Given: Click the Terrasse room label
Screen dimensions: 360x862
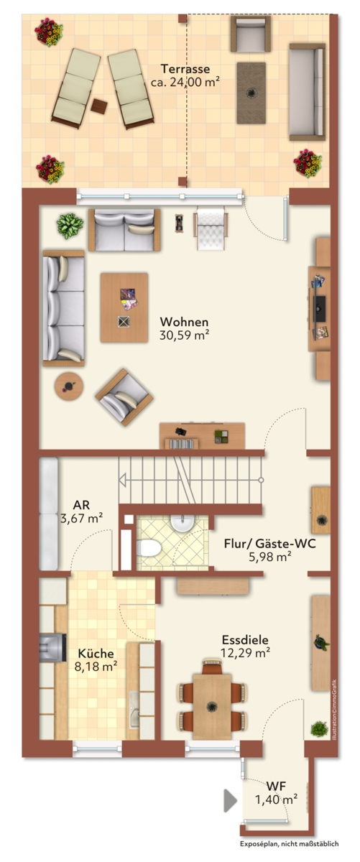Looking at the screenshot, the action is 185,69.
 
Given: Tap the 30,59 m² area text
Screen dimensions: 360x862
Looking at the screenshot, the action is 184,335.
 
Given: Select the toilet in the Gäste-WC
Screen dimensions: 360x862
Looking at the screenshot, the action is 148,547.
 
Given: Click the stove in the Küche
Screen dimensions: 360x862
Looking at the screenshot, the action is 52,648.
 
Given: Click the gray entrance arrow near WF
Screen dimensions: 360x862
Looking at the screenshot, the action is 230,800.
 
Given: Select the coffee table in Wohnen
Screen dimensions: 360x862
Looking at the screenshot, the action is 124,307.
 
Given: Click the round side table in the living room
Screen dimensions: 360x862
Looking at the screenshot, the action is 69,386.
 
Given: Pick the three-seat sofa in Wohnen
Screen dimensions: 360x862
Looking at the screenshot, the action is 63,308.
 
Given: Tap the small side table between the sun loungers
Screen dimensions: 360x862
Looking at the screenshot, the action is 99,106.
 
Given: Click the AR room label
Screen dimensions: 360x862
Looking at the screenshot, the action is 81,505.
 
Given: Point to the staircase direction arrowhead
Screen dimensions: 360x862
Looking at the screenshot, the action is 122,480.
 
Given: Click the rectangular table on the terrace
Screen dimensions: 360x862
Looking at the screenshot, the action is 251,93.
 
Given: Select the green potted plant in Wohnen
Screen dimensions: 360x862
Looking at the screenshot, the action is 70,226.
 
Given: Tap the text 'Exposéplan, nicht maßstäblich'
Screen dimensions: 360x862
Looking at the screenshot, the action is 289,843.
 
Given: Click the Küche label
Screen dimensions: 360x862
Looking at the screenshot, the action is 96,654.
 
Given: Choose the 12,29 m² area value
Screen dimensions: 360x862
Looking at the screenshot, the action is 245,652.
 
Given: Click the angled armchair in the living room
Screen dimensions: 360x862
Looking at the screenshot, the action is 124,397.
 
